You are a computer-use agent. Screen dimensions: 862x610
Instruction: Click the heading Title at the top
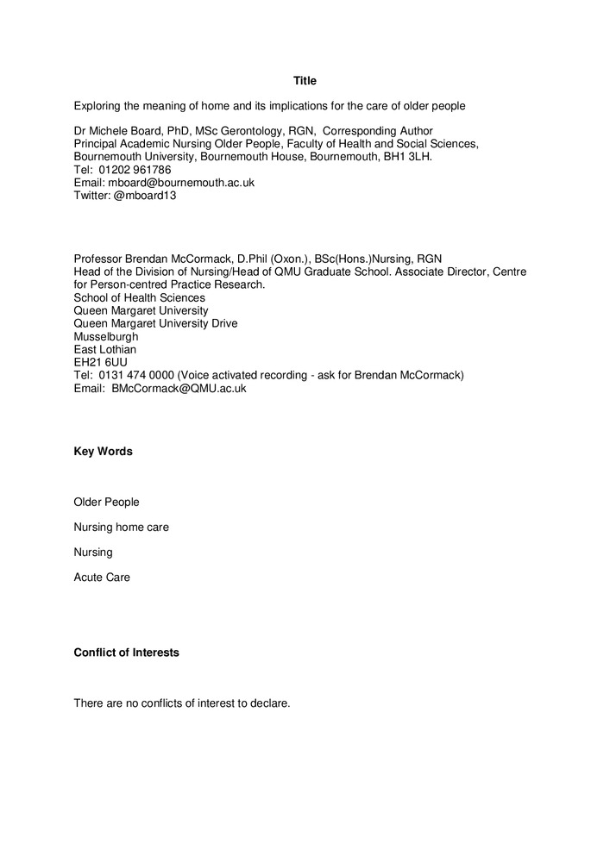305,81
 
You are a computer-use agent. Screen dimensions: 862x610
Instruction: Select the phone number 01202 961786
135,170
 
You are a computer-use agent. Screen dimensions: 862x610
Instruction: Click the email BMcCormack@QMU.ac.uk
179,389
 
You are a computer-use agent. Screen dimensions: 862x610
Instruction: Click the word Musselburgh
106,337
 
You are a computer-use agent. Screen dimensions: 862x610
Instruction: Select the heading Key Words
104,452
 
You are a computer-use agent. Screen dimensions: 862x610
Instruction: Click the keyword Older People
106,502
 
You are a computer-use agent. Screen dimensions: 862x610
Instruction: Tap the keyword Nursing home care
121,527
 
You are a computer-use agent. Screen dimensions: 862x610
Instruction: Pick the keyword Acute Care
102,578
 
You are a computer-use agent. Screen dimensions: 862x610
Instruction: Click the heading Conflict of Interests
127,653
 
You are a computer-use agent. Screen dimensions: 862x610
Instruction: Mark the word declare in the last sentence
270,703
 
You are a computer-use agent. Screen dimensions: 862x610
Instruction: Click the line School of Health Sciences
139,298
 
